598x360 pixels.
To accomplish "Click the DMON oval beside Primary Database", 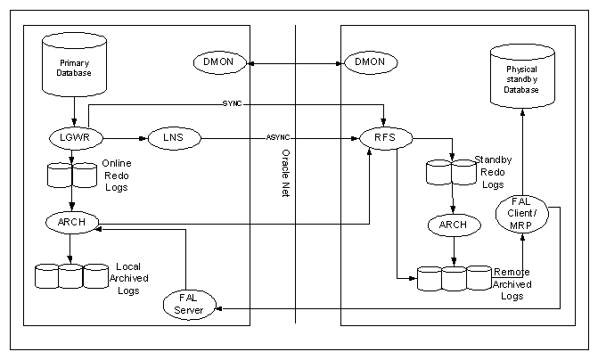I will [217, 62].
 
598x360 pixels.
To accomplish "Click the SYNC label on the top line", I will [231, 103].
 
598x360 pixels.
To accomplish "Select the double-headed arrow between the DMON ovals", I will [293, 62].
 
